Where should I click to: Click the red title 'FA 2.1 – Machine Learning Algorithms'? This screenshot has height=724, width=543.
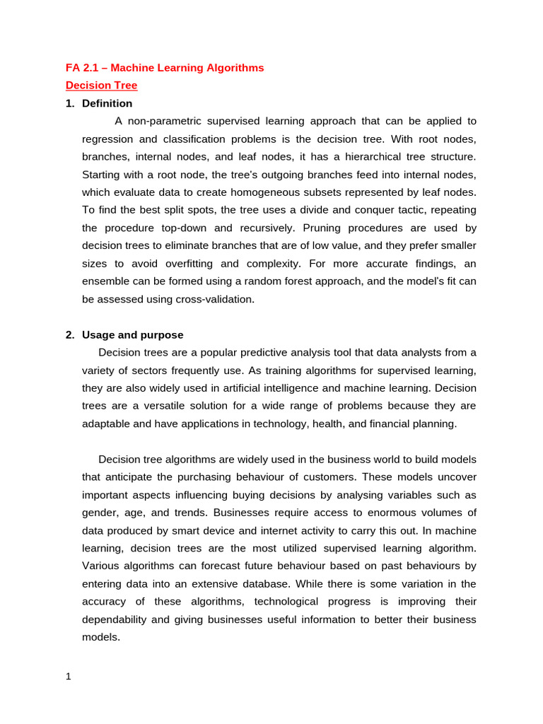[165, 68]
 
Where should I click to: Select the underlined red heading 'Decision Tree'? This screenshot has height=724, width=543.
[101, 86]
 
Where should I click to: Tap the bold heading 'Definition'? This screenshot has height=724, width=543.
[107, 103]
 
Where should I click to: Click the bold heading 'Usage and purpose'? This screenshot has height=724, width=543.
[132, 335]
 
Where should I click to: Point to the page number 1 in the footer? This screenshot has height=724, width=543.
[69, 677]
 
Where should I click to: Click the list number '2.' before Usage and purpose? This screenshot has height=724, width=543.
[70, 335]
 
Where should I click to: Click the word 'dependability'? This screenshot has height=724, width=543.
[116, 619]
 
